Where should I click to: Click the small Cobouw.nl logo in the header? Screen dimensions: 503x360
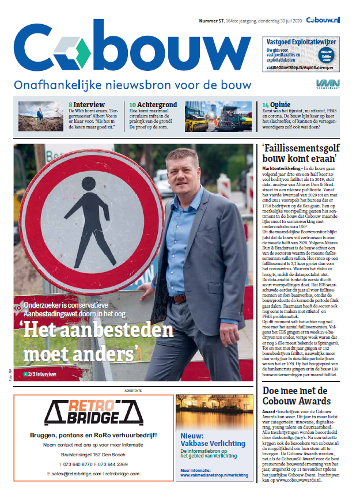323,20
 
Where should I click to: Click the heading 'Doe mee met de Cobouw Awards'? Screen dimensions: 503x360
295,396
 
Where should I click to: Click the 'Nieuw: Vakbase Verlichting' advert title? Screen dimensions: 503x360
204,440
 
